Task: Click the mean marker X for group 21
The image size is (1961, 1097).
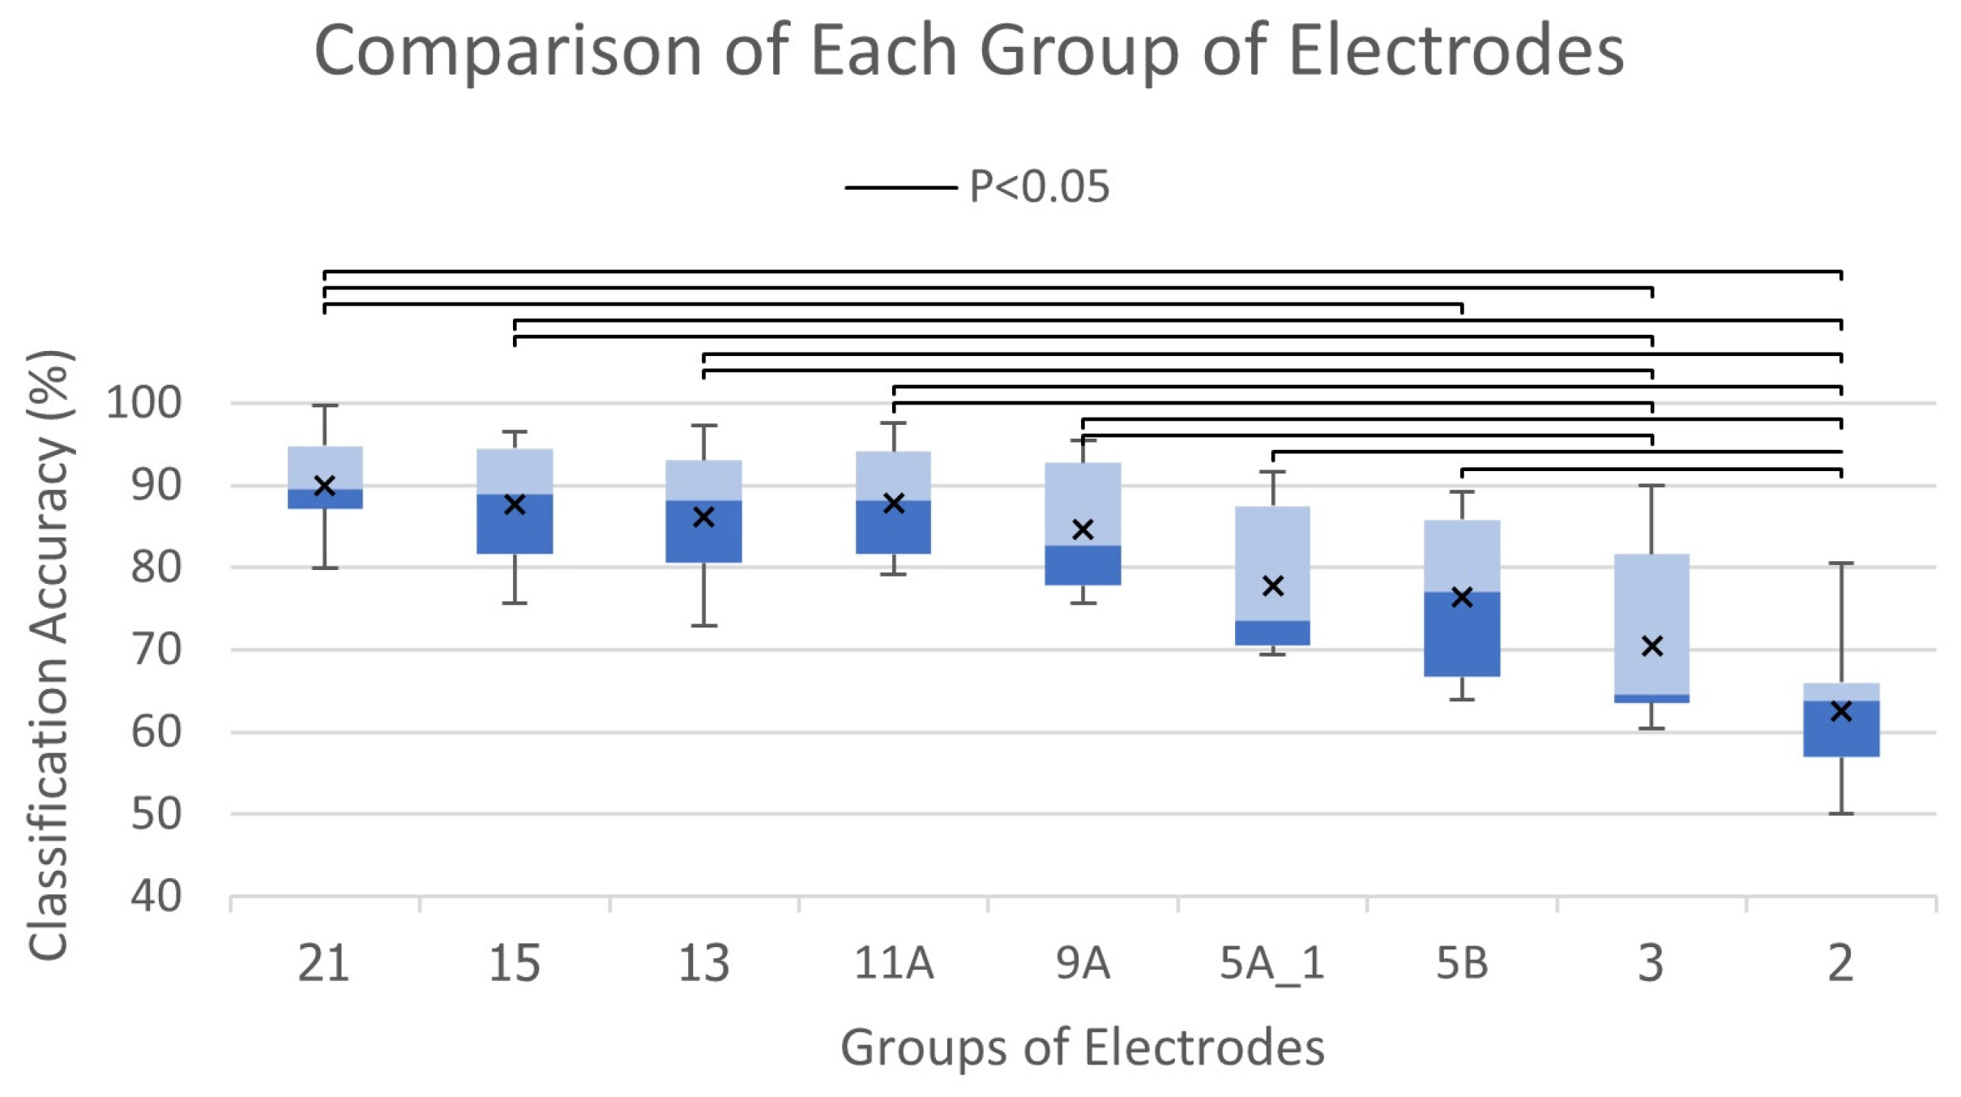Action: [324, 486]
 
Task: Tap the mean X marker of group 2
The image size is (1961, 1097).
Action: [1841, 711]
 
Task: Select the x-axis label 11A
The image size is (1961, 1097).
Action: [894, 964]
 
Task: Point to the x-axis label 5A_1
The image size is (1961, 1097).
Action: [1271, 964]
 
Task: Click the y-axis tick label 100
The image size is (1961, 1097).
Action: [143, 403]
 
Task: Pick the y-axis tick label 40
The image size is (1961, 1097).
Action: [155, 897]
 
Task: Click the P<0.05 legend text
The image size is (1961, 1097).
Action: [1040, 187]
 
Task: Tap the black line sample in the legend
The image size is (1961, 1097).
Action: [900, 187]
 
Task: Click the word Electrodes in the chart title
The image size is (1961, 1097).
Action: [1456, 51]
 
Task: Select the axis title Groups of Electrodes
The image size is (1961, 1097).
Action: [1082, 1047]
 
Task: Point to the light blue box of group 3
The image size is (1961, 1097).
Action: [1651, 623]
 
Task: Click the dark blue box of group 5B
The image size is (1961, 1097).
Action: [1462, 634]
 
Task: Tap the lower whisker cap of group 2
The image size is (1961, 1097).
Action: [1841, 813]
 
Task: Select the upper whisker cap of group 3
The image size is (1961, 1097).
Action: [1651, 486]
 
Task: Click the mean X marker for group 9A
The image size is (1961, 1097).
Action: [1083, 529]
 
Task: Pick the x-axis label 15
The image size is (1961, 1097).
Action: [515, 964]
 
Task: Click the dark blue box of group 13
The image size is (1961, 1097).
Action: [703, 532]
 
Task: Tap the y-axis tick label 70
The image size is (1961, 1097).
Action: [155, 649]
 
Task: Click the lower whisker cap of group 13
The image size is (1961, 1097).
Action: [703, 625]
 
